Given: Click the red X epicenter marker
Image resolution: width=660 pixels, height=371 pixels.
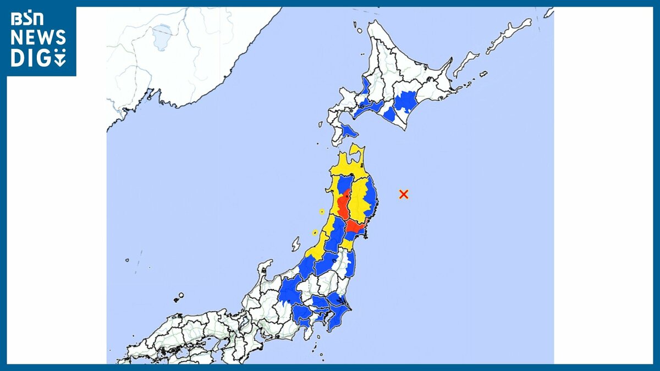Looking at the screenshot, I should click(x=404, y=193).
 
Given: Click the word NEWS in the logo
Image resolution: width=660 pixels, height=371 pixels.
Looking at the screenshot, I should click(x=38, y=38).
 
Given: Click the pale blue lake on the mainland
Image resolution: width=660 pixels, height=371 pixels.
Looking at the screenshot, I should click(x=161, y=36).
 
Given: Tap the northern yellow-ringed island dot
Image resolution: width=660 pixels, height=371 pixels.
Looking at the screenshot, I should click(x=322, y=212).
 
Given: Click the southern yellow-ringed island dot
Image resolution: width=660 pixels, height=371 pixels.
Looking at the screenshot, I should click(x=315, y=232).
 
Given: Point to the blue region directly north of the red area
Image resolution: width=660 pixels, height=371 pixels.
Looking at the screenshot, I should click(x=345, y=184).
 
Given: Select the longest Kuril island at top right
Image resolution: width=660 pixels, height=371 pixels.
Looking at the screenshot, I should click(x=509, y=35).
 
